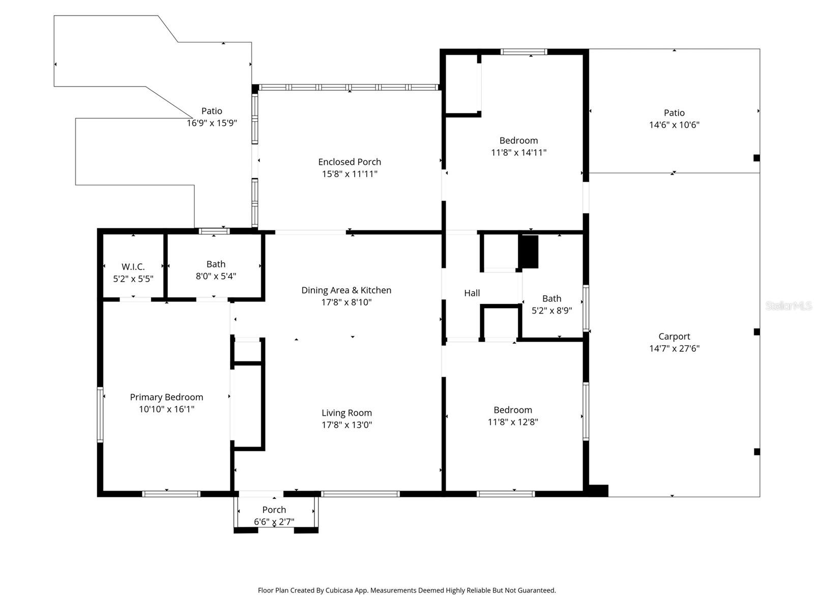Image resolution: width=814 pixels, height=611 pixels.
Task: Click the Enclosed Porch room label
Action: pos(350,162)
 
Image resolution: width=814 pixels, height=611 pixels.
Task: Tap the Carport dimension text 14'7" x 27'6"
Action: pos(674,349)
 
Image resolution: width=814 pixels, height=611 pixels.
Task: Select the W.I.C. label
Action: pos(133,267)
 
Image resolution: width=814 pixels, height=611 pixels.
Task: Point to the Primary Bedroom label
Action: pos(166,397)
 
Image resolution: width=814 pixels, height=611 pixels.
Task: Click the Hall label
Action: pos(472,293)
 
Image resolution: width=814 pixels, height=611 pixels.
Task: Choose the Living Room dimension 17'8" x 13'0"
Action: pos(346,425)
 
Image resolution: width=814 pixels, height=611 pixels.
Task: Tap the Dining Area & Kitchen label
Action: pos(346,290)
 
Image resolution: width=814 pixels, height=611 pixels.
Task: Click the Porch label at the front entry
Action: pos(274,510)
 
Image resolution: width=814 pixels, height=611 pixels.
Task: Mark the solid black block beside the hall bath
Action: pos(529,252)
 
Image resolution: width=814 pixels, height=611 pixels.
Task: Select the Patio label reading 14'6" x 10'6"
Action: pos(674,113)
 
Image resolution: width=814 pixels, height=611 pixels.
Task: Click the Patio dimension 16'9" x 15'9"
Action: pos(212,123)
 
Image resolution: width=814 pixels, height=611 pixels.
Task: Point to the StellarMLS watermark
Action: pos(788,306)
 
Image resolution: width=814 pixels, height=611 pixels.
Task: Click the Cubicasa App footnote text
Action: pos(406,591)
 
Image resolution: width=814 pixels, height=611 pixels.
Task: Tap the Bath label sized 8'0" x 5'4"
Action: pos(216,264)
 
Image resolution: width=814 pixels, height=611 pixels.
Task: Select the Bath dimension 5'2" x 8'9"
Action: pos(551,311)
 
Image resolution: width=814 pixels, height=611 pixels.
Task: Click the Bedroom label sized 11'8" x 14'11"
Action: pos(518,141)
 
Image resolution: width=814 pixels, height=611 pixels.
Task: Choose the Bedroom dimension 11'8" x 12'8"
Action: pos(513,422)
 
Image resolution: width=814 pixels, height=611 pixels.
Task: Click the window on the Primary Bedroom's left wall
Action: pos(100,414)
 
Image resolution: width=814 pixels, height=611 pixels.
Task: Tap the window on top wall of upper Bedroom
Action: pos(524,51)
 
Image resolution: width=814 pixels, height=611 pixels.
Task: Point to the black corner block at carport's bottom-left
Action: pos(598,491)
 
